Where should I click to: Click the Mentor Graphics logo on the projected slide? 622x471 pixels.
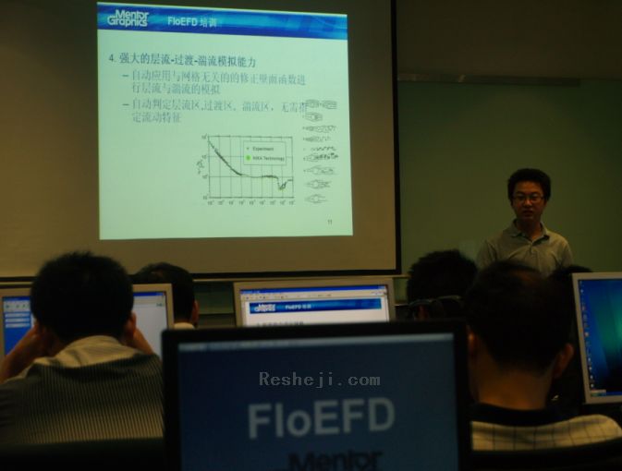tap(128, 17)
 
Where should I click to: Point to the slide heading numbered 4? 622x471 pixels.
tap(182, 59)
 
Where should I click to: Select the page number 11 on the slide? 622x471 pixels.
tap(329, 221)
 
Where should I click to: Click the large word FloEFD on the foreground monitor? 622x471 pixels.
tap(321, 417)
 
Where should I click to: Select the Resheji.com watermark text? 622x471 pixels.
tap(319, 379)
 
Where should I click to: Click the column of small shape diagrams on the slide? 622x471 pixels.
tap(319, 152)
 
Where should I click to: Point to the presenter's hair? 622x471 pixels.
tap(529, 177)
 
